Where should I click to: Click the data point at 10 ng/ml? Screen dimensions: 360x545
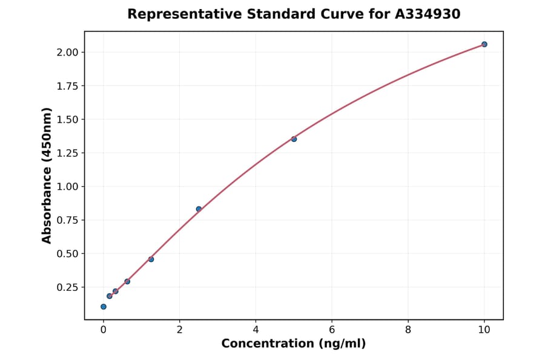(x=484, y=44)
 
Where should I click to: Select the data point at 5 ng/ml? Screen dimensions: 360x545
(x=294, y=139)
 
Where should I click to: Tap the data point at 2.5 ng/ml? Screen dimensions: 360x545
(x=199, y=209)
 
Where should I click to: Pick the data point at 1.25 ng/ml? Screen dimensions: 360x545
(x=151, y=259)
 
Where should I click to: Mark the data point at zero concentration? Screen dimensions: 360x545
(x=104, y=307)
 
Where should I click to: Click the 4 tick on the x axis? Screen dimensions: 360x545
(x=256, y=330)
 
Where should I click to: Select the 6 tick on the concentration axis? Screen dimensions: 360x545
(x=332, y=330)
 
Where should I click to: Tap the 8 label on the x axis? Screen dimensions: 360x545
(x=408, y=330)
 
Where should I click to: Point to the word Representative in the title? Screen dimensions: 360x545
(x=175, y=14)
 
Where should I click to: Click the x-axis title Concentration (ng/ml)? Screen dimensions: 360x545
(x=294, y=344)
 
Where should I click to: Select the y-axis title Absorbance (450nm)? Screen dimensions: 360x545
(x=47, y=176)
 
